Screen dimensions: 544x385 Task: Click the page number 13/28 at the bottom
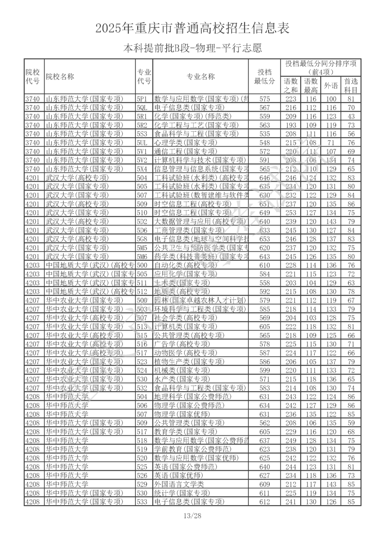(x=192, y=516)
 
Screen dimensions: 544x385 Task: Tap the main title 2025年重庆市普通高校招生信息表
(x=192, y=28)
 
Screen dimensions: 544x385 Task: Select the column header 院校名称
(x=60, y=77)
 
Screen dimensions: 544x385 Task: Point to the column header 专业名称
(x=201, y=77)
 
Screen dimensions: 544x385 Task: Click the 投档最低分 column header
(x=265, y=77)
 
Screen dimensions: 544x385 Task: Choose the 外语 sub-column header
(x=331, y=85)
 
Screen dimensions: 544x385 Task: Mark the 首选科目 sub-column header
(x=351, y=85)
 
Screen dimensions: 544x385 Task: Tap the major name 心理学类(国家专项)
(x=185, y=143)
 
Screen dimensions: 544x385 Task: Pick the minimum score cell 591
(x=265, y=160)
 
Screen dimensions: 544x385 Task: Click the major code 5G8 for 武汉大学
(x=142, y=239)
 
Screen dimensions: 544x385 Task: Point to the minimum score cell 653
(x=265, y=239)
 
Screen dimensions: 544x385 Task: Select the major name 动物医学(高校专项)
(x=185, y=353)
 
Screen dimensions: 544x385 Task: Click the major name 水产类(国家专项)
(x=182, y=379)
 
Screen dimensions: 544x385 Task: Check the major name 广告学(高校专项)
(x=182, y=344)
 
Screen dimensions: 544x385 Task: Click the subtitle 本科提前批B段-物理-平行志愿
(x=192, y=48)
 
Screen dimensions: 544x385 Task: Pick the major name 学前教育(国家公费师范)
(x=192, y=449)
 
